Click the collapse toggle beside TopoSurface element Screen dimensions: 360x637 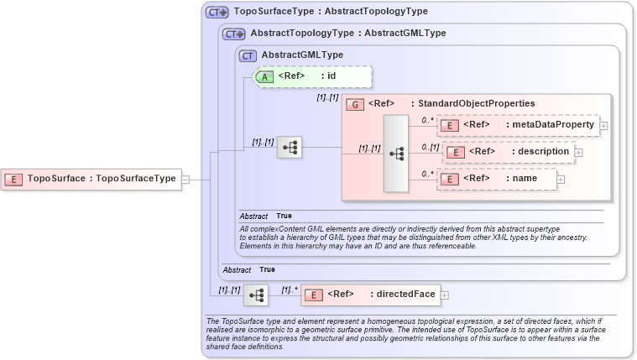(x=185, y=179)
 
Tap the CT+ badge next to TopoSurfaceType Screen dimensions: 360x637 (x=217, y=13)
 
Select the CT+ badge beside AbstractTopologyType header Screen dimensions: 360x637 (x=233, y=34)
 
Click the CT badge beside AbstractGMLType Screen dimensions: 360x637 (x=248, y=55)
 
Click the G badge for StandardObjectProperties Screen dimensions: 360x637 (x=354, y=104)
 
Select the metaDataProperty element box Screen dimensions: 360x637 (x=518, y=125)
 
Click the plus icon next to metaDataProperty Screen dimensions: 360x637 (x=603, y=126)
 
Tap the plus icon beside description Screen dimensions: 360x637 (x=578, y=153)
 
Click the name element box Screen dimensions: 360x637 (x=496, y=179)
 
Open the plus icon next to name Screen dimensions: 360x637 (x=561, y=179)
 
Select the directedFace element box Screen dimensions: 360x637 (x=369, y=295)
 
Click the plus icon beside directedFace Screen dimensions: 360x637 (x=445, y=295)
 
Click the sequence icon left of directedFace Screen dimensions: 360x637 (x=256, y=295)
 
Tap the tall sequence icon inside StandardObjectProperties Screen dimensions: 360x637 (x=396, y=154)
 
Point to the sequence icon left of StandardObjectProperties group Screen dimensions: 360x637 (x=290, y=147)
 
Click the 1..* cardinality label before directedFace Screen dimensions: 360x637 (x=290, y=290)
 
